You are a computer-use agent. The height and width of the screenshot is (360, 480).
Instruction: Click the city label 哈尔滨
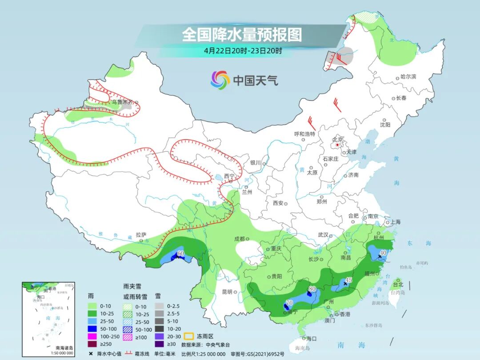(408, 77)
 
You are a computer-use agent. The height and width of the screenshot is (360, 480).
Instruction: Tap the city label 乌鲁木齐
(122, 102)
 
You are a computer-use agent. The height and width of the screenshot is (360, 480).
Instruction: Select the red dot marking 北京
(337, 145)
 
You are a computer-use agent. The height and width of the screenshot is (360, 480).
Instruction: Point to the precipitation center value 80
(312, 289)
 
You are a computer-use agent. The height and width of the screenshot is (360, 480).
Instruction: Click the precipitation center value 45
(348, 280)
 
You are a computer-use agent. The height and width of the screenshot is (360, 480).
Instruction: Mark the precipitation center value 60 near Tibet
(180, 253)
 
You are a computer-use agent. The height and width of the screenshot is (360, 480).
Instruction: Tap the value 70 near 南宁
(289, 303)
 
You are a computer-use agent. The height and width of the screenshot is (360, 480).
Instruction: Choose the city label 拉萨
(141, 235)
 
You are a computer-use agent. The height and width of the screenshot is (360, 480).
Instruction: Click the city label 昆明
(227, 292)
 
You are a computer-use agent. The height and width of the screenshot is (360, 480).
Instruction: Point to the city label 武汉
(323, 235)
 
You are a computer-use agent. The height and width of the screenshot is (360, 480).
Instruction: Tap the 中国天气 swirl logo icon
(220, 80)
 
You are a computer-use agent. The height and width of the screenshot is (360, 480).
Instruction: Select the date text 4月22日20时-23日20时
(243, 51)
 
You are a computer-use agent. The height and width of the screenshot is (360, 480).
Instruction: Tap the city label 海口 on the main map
(311, 339)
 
